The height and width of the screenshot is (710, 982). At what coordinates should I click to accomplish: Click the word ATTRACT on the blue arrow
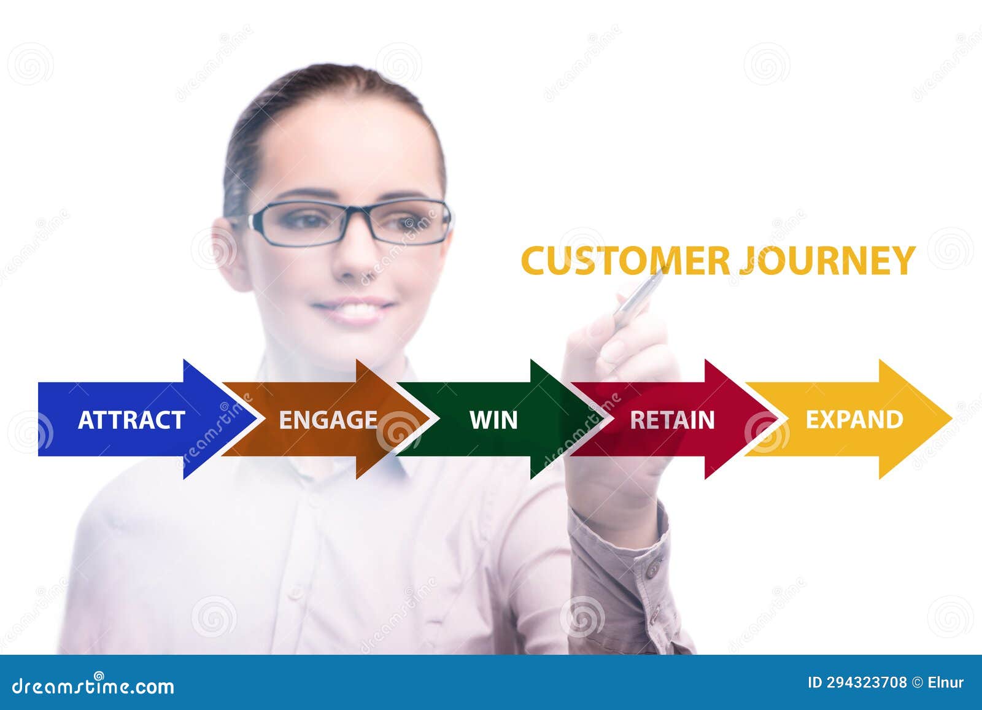point(131,420)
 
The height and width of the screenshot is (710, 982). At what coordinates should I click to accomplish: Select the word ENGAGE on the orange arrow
point(328,420)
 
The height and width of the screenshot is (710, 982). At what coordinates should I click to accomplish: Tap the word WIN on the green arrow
point(493,420)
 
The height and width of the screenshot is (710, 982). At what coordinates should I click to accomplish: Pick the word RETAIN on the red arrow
point(672,420)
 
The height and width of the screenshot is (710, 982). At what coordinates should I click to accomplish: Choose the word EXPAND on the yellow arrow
point(854,420)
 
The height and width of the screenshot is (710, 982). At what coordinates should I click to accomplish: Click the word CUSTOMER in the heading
point(625,261)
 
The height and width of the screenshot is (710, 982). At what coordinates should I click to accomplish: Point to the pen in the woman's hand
point(638,299)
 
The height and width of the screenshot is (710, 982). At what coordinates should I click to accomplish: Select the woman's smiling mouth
point(354,310)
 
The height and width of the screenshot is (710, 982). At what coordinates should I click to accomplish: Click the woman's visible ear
point(228,252)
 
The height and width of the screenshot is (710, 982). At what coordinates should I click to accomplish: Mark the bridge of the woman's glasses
point(358,215)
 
